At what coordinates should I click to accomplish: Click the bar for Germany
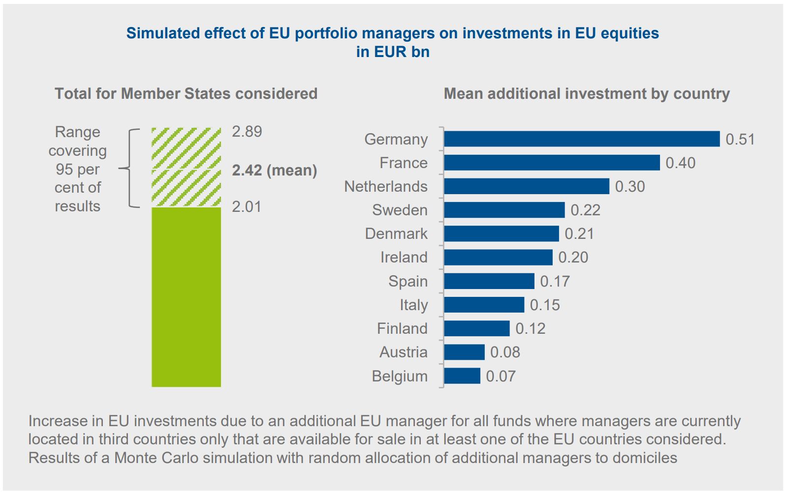(581, 139)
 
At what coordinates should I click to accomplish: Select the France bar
(551, 163)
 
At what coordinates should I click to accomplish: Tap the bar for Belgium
(462, 376)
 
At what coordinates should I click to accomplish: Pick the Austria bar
(464, 352)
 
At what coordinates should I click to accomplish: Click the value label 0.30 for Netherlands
(630, 187)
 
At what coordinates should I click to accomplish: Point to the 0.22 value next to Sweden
(585, 210)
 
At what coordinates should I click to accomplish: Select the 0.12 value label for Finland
(530, 329)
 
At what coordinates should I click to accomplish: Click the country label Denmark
(396, 233)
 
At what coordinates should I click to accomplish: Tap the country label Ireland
(404, 257)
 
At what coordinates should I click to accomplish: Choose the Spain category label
(408, 281)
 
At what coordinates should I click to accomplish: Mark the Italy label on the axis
(413, 305)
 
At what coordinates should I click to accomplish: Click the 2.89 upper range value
(247, 132)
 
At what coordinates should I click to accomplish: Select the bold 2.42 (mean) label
(274, 171)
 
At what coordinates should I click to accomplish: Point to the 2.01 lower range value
(247, 206)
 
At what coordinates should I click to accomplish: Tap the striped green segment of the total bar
(186, 167)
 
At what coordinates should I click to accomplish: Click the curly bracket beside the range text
(129, 168)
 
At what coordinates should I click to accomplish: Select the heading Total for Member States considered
(186, 93)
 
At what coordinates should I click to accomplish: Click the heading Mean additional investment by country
(587, 93)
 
